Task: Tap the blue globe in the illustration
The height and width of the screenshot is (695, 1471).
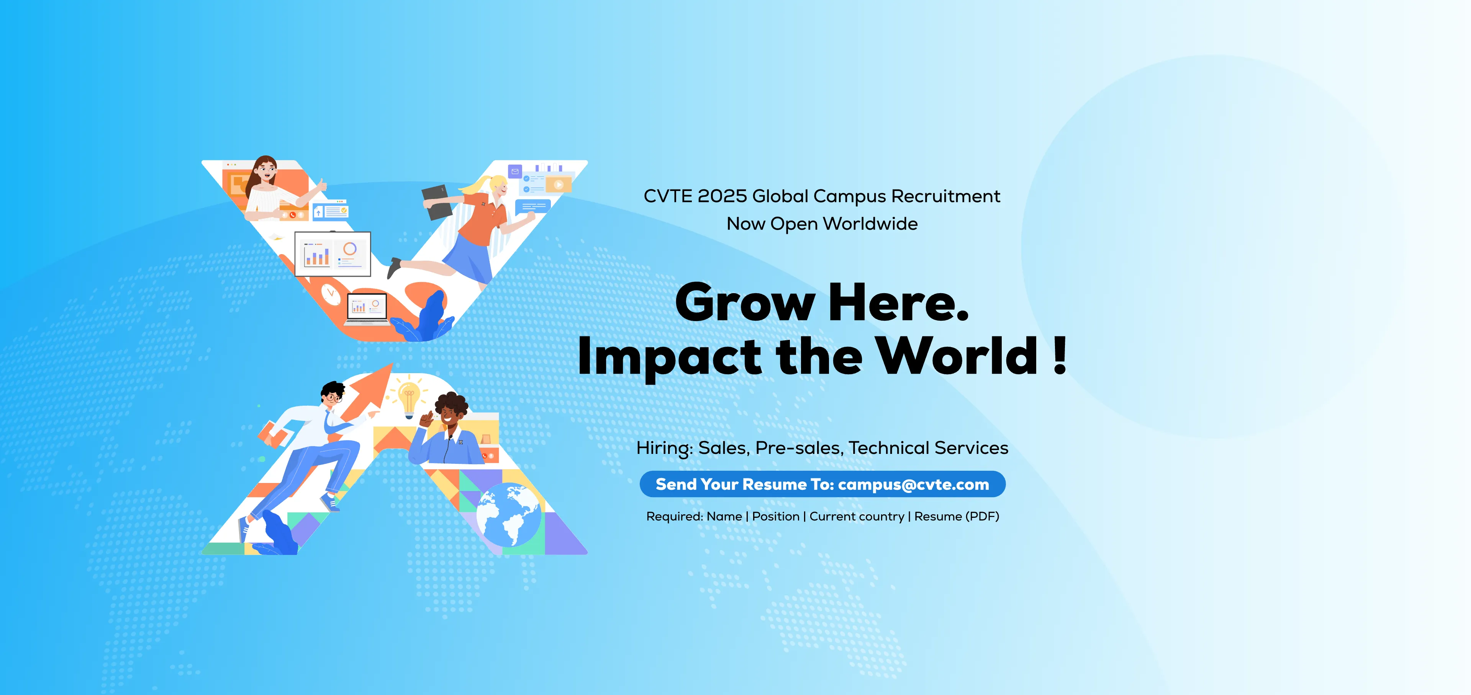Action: point(508,515)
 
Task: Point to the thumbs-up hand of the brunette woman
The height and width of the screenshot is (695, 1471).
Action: point(321,186)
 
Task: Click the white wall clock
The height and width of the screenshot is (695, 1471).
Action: point(330,293)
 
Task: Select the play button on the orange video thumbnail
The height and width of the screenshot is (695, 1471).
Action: point(559,185)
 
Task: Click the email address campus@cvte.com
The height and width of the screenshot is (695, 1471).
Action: point(913,485)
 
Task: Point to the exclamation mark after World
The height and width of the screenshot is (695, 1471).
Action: point(1060,356)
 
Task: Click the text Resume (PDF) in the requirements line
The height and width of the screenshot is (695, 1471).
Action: point(957,516)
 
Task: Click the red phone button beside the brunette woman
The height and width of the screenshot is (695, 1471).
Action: point(292,215)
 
